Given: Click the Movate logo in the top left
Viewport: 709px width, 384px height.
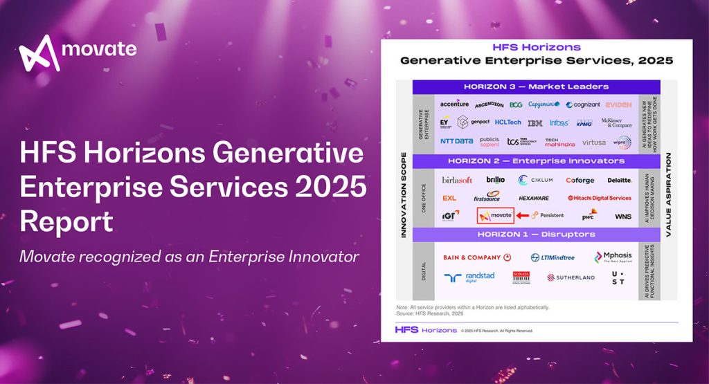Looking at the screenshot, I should [78, 53].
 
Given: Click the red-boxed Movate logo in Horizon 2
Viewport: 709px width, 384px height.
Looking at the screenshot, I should [495, 216].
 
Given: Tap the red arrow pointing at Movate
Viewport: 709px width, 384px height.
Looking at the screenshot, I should [523, 216].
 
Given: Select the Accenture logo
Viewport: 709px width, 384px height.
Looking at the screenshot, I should [454, 104].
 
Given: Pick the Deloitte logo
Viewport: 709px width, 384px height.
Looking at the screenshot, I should [619, 180].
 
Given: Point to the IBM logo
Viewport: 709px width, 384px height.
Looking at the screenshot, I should [535, 123].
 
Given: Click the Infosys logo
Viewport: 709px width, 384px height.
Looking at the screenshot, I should [559, 123].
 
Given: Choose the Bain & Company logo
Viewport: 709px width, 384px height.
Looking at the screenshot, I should [477, 257].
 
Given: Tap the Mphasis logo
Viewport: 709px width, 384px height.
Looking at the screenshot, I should [613, 257].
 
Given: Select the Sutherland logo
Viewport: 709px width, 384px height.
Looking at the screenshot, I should [571, 277].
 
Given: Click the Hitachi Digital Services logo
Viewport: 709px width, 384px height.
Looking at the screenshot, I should [599, 198].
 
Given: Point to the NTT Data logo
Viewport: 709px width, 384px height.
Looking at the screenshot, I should [456, 142].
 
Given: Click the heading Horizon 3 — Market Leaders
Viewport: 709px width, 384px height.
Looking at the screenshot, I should [536, 87].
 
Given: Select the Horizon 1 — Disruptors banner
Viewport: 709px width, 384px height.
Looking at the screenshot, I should [536, 235].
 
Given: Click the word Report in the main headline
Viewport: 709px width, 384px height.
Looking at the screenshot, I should [66, 222].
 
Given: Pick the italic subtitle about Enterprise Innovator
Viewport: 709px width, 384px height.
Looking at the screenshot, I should [189, 257].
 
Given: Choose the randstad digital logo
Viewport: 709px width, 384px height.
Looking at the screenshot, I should [470, 277].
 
